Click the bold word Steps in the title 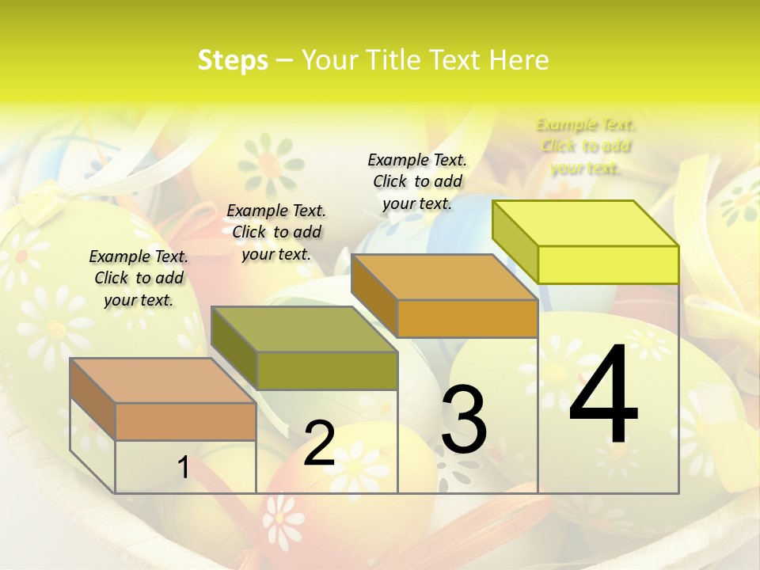click(x=233, y=60)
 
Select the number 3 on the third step click(x=463, y=420)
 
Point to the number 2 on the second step click(x=319, y=443)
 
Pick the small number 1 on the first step click(x=183, y=468)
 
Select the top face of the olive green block click(x=305, y=329)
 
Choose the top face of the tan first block click(x=162, y=381)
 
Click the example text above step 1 click(x=139, y=278)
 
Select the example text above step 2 click(x=276, y=232)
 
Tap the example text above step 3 click(x=417, y=181)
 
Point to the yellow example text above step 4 click(x=586, y=146)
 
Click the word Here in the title click(x=519, y=60)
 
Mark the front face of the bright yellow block click(x=608, y=264)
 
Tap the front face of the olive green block click(x=327, y=370)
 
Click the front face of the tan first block click(x=185, y=421)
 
